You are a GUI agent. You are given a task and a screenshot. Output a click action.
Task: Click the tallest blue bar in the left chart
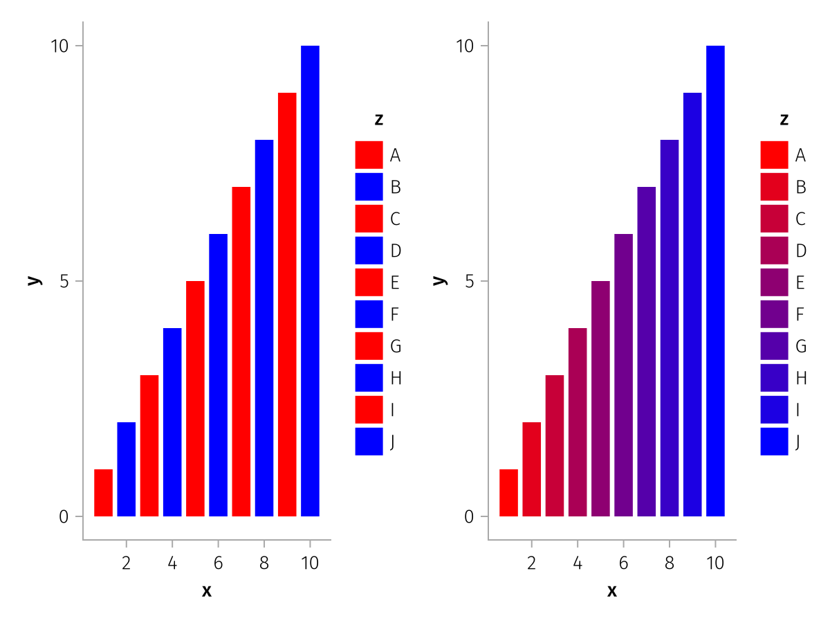[x=310, y=280]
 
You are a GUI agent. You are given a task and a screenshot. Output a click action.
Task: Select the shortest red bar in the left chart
[x=103, y=493]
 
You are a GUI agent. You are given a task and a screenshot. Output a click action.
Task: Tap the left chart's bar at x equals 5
[x=195, y=398]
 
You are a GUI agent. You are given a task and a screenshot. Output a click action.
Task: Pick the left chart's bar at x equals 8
[x=264, y=327]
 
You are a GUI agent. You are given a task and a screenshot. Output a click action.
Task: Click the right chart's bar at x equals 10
[x=715, y=280]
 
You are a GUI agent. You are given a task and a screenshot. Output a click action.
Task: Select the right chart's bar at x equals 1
[x=508, y=493]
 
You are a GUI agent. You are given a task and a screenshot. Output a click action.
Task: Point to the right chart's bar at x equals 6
[x=623, y=374]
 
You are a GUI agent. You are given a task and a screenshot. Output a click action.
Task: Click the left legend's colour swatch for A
[x=369, y=155]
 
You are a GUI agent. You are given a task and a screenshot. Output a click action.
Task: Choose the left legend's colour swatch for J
[x=369, y=442]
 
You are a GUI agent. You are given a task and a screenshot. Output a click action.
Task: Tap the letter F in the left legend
[x=394, y=314]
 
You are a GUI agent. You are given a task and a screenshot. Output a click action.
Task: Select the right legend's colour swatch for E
[x=774, y=282]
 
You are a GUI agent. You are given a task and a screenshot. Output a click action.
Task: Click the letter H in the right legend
[x=801, y=378]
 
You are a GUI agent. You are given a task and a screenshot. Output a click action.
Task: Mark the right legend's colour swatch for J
[x=774, y=442]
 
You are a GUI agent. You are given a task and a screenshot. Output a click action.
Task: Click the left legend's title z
[x=378, y=120]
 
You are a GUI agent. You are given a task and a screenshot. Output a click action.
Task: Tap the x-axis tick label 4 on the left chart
[x=172, y=563]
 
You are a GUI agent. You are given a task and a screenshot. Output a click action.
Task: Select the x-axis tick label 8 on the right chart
[x=670, y=563]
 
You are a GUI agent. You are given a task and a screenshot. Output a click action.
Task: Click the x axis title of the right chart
[x=612, y=590]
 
